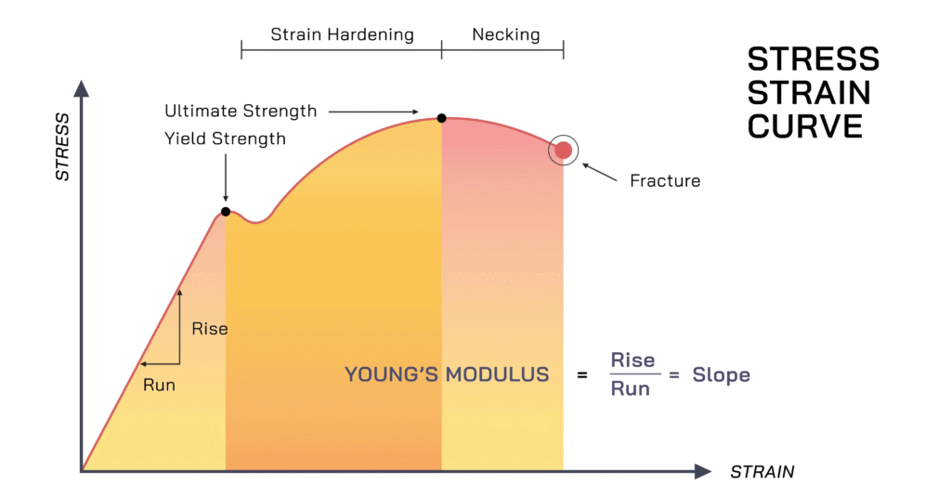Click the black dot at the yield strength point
tap(226, 211)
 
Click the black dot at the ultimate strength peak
tap(441, 118)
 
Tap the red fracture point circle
tap(564, 150)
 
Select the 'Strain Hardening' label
tap(342, 34)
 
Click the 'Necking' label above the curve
tap(506, 34)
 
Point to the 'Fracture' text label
tap(665, 181)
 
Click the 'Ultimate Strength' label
tap(241, 112)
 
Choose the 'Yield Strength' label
tap(225, 139)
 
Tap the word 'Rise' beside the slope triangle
tap(210, 329)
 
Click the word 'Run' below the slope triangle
tap(159, 385)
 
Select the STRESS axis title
tap(62, 147)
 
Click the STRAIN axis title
tap(762, 472)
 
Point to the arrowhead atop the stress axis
tap(82, 88)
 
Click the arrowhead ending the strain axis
tap(703, 471)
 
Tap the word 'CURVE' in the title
tap(805, 126)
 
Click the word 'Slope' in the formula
tap(721, 374)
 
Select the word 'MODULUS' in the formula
tap(498, 374)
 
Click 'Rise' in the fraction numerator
tap(632, 360)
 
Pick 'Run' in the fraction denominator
tap(631, 388)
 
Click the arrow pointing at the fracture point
tap(599, 173)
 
